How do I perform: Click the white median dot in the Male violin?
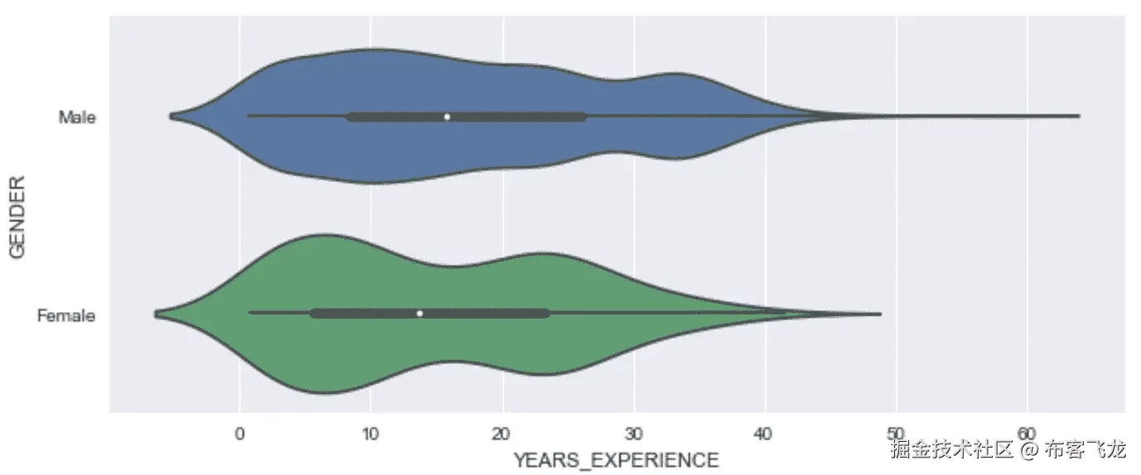[447, 117]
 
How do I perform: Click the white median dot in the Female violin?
[420, 314]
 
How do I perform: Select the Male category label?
[77, 118]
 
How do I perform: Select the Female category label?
[67, 315]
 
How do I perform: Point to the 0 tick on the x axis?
[239, 433]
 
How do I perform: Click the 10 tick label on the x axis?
[370, 433]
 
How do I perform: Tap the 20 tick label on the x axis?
[502, 433]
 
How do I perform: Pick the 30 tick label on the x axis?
[633, 433]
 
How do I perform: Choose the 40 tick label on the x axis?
[764, 433]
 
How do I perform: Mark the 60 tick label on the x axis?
[1028, 433]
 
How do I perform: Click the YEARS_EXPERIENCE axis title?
[615, 460]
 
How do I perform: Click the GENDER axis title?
[17, 217]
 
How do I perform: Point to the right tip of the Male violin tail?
[1078, 116]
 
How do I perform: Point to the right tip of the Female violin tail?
[880, 314]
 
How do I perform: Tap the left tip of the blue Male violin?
[170, 117]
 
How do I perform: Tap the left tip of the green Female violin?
[155, 314]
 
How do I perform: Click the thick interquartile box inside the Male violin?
[513, 117]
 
